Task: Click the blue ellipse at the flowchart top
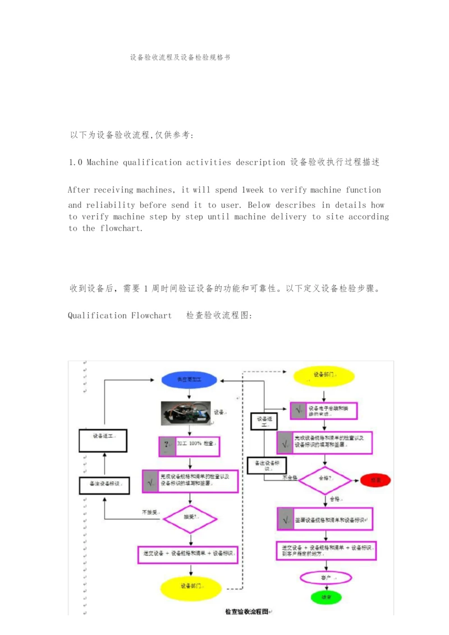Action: point(189,380)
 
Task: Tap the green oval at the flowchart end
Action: point(326,597)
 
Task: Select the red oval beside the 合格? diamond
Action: point(375,481)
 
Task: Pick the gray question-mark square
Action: point(167,447)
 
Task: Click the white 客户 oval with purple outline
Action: point(326,577)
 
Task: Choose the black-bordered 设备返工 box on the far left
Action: point(104,441)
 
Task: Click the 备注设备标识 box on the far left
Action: point(104,484)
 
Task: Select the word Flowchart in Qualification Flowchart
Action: point(152,316)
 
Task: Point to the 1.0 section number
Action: point(76,162)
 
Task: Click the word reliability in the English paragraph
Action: point(110,205)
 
